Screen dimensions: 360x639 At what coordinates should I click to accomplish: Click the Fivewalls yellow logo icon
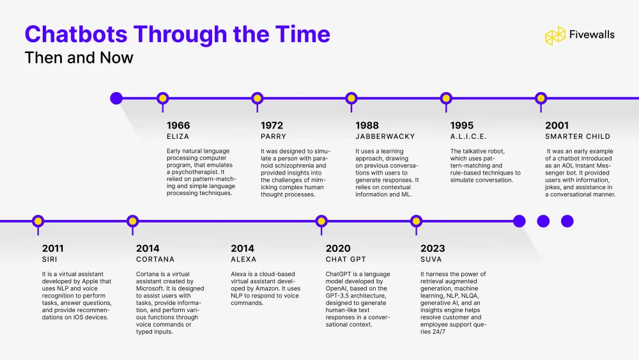(555, 36)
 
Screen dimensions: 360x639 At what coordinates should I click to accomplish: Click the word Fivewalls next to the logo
(592, 35)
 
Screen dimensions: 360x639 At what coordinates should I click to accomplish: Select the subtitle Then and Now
(79, 58)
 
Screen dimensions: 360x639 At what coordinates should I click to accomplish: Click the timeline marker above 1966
(162, 98)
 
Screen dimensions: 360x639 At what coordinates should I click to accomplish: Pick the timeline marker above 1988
(351, 98)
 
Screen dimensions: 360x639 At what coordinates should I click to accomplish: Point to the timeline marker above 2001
(541, 98)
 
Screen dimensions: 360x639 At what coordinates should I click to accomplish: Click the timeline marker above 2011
(38, 221)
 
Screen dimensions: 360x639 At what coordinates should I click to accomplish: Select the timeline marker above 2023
(416, 221)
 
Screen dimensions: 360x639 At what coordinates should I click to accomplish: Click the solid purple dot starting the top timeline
(116, 98)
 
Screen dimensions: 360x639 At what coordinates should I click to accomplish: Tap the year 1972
(272, 125)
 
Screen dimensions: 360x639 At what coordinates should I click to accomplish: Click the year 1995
(461, 125)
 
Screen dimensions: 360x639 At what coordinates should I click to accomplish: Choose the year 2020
(337, 248)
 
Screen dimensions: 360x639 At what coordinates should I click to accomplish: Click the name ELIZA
(178, 136)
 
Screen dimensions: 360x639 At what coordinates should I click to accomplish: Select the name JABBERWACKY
(385, 136)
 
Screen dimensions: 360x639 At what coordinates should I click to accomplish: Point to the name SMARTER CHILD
(577, 136)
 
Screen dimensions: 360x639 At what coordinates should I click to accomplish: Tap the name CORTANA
(155, 259)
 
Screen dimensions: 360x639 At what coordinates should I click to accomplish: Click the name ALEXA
(243, 259)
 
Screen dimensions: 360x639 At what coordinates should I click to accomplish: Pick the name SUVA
(431, 259)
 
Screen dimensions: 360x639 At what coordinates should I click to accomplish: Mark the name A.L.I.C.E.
(468, 136)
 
